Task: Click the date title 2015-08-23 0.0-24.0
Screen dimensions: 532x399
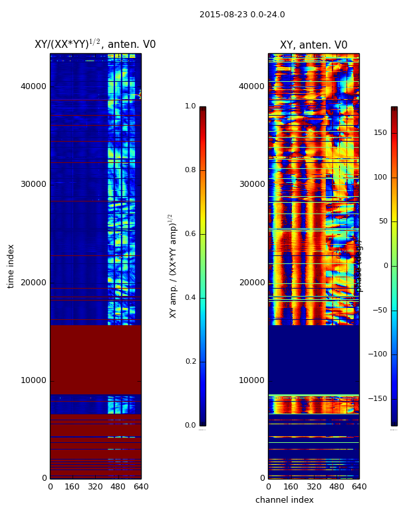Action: [x=242, y=15]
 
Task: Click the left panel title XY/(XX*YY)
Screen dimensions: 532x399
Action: [x=95, y=45]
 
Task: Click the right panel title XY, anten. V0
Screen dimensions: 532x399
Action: [x=313, y=45]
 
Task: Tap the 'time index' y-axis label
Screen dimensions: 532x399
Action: [x=11, y=266]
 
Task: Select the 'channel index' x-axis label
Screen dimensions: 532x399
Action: [x=285, y=500]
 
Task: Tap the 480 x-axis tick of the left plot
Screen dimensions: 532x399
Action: [x=118, y=487]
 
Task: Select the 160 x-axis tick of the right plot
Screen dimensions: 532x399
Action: [x=291, y=487]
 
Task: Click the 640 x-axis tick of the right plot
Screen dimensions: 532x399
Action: [x=359, y=487]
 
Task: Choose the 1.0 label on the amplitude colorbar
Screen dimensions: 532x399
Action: [x=190, y=106]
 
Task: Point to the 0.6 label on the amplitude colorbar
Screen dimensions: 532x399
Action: [x=190, y=234]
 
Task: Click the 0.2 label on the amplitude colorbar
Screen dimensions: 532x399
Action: [x=190, y=362]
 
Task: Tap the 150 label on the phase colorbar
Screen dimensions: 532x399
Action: [x=380, y=133]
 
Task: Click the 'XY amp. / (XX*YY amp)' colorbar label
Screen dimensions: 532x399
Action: [x=173, y=266]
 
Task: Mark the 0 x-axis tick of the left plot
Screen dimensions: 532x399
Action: [x=50, y=487]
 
